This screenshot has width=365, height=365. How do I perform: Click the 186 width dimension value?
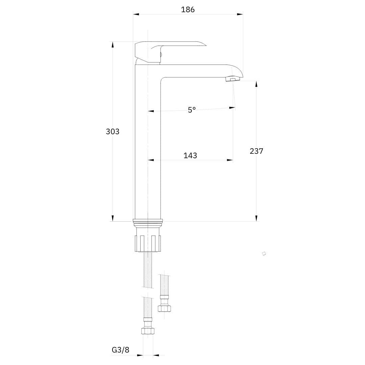coord(188,9)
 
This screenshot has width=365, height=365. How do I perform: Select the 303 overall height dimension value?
coord(113,131)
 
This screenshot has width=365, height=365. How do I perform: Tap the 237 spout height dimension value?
coord(256,151)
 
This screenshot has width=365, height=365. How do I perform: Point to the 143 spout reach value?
coord(190,155)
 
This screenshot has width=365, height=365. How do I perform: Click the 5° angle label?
coord(192,109)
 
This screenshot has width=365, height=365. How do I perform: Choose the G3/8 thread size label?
coord(121,350)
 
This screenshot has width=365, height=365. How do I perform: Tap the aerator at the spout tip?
coord(233,79)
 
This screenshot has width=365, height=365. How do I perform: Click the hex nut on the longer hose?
coord(148,331)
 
